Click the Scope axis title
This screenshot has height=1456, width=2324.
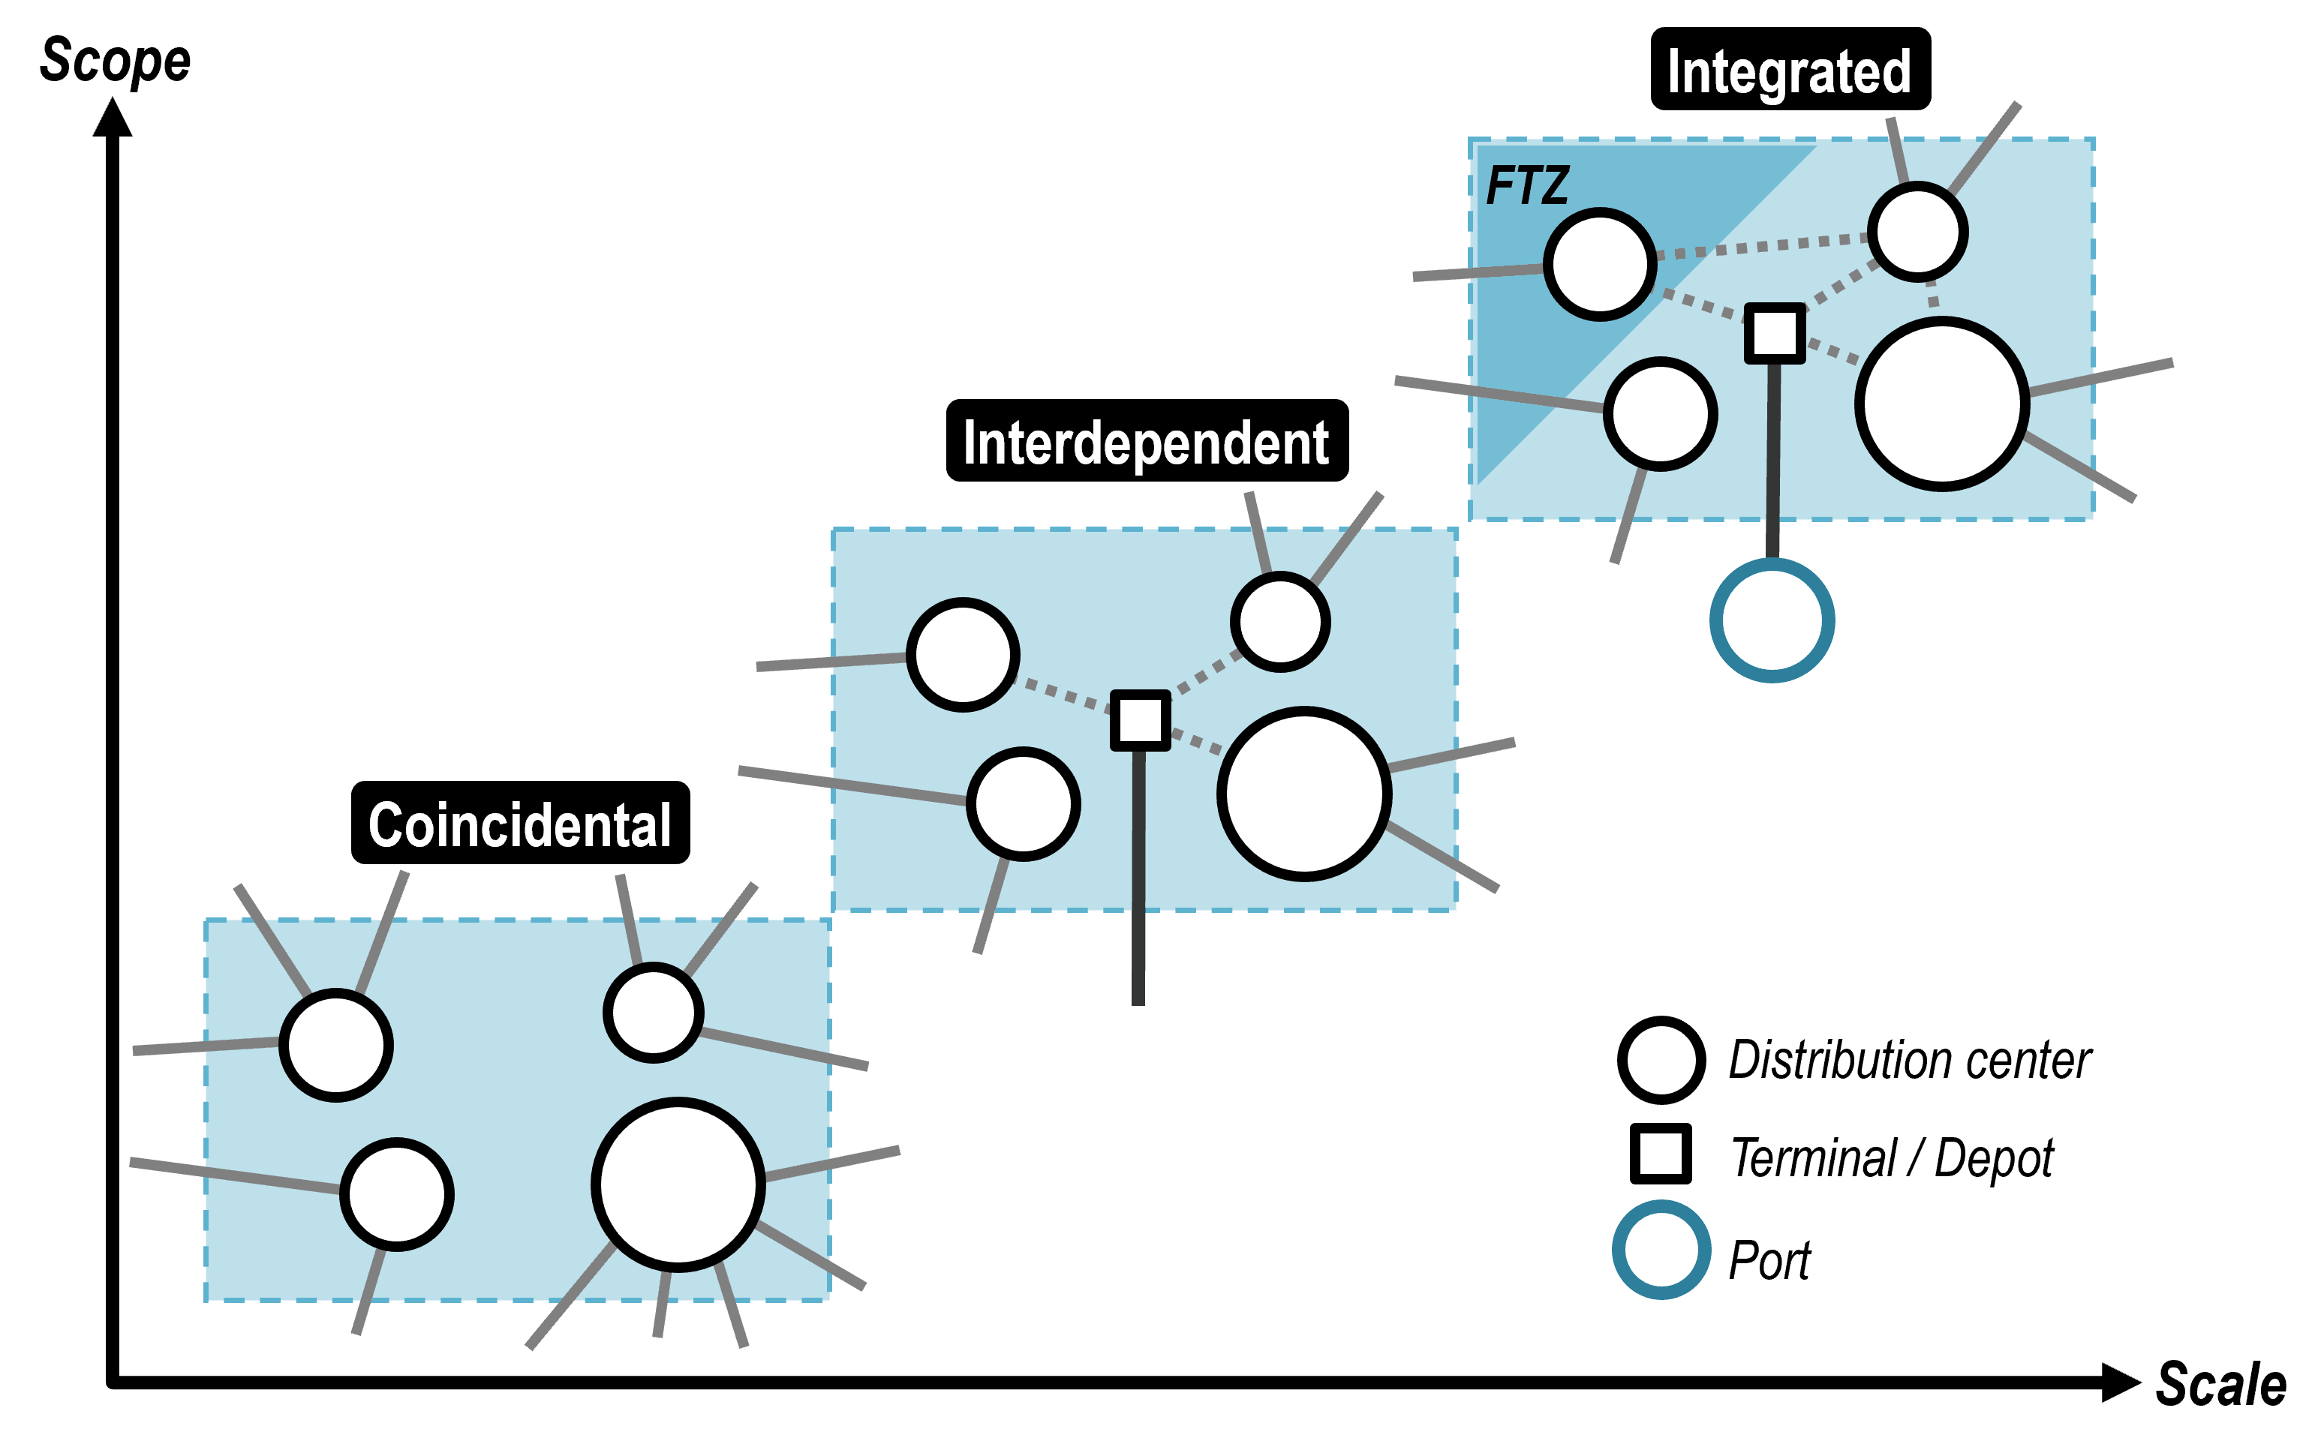tap(115, 62)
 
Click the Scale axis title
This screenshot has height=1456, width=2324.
tap(2220, 1385)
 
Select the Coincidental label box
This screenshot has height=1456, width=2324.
tap(520, 824)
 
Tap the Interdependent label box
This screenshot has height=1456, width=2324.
tap(1146, 442)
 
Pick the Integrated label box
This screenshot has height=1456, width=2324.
tap(1790, 69)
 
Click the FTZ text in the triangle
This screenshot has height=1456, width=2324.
tap(1526, 186)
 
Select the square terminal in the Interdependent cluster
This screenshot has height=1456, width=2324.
tap(1141, 720)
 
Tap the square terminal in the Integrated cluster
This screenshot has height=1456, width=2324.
tap(1774, 333)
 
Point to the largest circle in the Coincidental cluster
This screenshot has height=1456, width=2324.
tap(678, 1184)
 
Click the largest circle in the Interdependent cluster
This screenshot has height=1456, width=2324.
tap(1304, 794)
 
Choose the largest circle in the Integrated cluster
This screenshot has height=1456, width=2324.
tap(1941, 404)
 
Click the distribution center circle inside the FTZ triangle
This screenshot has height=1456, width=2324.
tap(1600, 264)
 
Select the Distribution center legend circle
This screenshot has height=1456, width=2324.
tap(1661, 1059)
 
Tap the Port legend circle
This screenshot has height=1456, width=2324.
tap(1661, 1250)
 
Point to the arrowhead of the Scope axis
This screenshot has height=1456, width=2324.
tap(113, 118)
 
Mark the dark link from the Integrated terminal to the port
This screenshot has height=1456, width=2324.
tap(1772, 458)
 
